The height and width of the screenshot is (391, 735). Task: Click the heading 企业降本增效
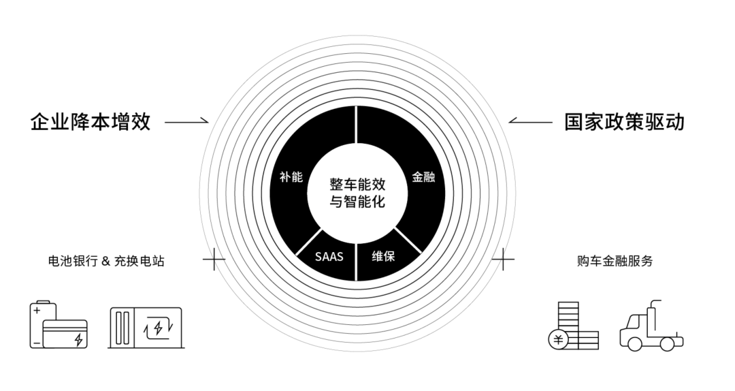91,123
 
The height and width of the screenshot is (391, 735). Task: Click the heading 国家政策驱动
625,123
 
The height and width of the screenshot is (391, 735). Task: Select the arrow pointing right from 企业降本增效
186,123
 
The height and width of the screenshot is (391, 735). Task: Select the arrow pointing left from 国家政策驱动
531,123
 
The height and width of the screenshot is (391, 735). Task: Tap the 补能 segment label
291,176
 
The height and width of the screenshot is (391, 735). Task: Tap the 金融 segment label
423,176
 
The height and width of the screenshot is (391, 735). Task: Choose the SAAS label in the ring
329,257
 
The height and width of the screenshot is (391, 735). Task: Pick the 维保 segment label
383,257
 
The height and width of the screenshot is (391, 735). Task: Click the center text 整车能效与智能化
357,193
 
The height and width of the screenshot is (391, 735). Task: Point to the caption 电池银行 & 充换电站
105,261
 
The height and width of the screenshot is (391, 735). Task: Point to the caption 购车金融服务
615,261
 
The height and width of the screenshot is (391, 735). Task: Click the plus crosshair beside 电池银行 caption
214,259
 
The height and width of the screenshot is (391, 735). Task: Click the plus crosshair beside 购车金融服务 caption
503,259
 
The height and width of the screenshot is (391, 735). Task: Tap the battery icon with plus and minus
57,326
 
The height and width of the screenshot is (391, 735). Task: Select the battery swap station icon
146,327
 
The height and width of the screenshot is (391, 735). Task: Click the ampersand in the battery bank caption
104,261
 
